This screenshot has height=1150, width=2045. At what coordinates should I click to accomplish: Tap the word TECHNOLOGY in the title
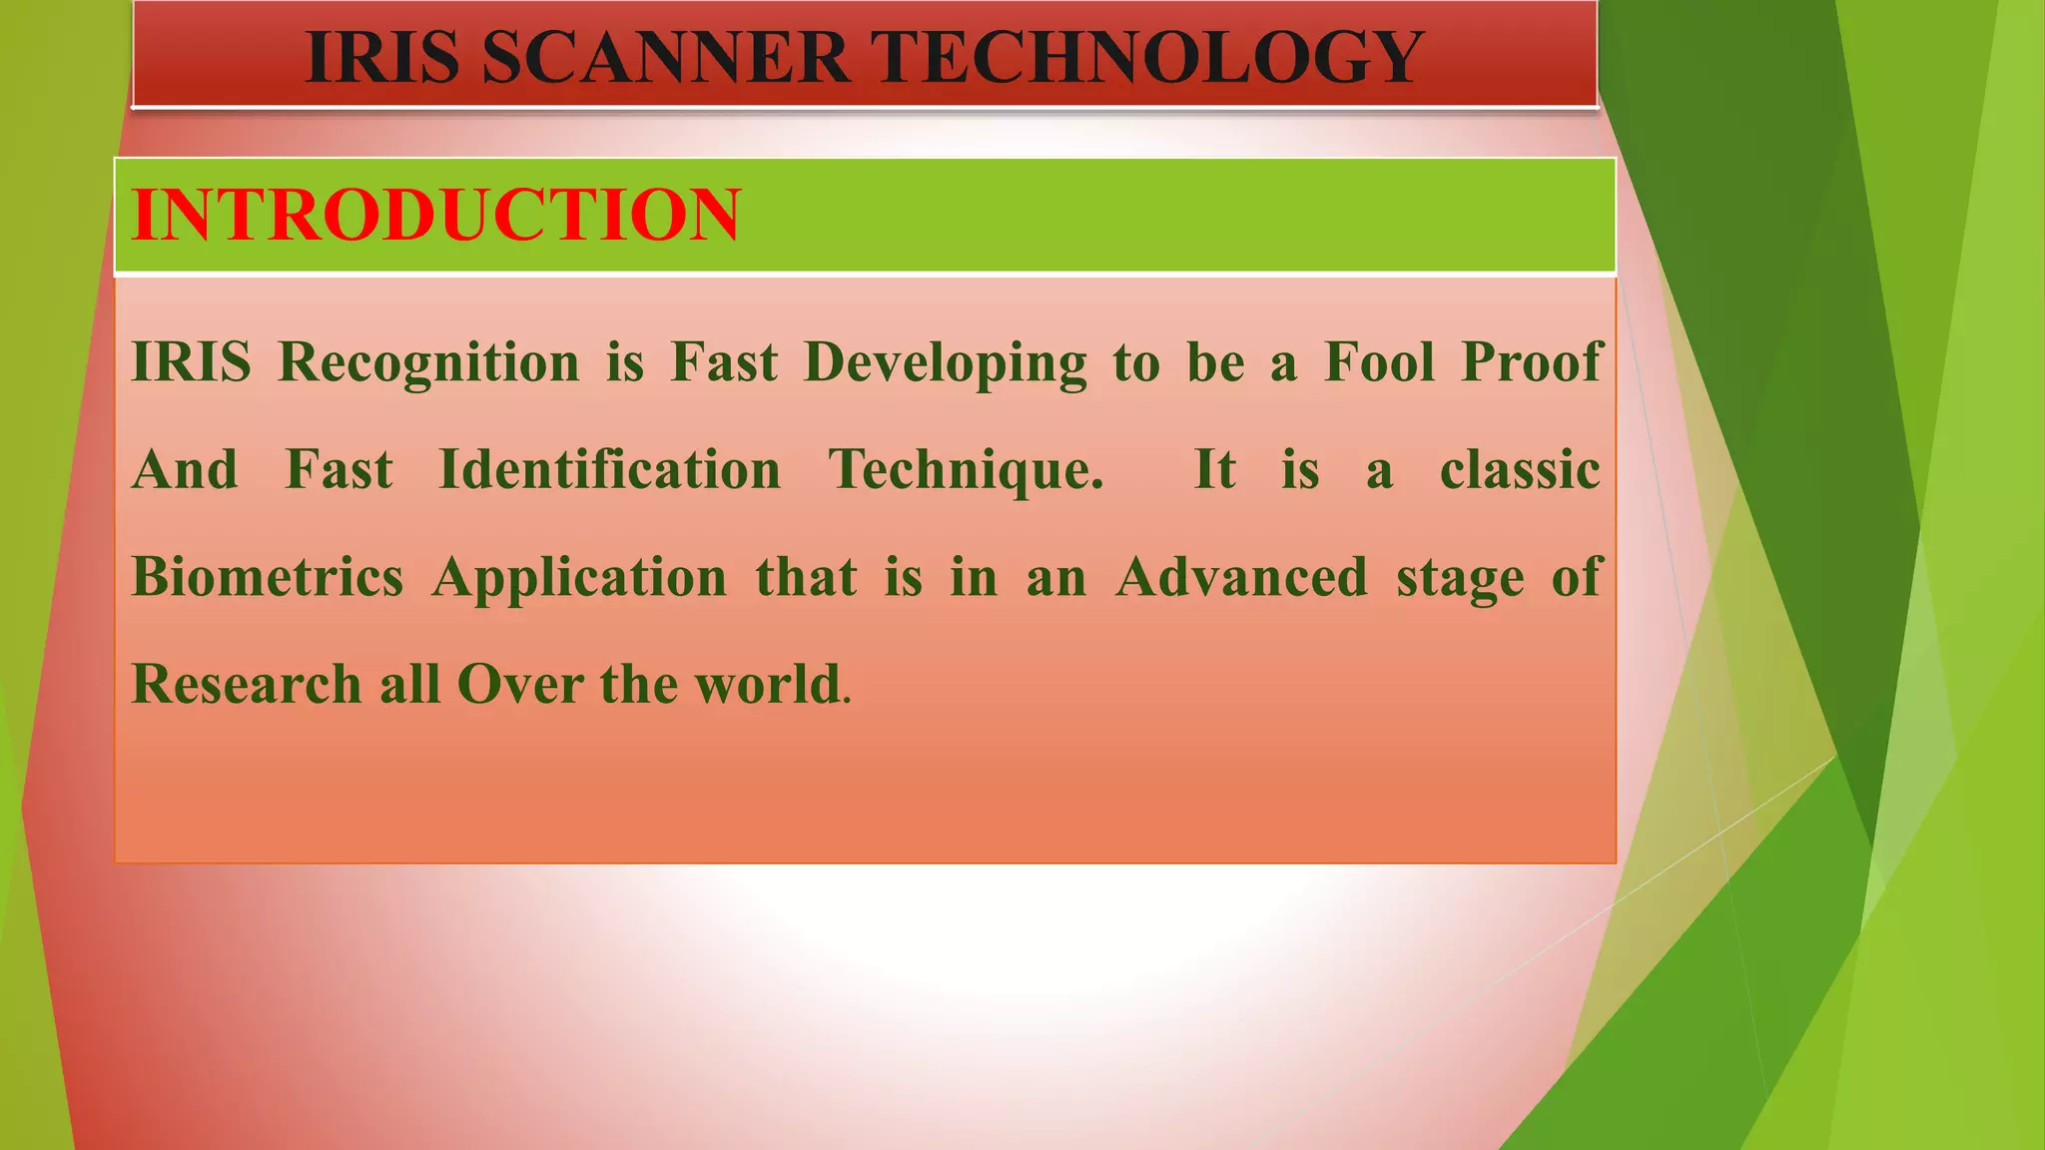click(1150, 58)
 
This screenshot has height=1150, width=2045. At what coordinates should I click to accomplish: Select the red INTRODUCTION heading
click(436, 215)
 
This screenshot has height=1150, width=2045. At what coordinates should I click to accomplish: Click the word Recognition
click(428, 362)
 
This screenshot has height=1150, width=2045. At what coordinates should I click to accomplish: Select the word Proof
click(1532, 361)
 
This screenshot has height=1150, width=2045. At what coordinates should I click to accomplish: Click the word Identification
click(609, 469)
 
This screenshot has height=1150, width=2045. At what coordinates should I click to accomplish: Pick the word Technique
click(966, 471)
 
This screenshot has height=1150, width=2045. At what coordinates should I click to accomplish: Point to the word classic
click(1520, 469)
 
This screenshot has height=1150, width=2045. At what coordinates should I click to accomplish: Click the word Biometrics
click(268, 577)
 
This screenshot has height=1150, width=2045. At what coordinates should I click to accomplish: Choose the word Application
click(579, 579)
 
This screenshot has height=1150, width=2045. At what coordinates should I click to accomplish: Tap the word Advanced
click(1241, 577)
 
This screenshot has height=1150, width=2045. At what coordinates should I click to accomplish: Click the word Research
click(246, 685)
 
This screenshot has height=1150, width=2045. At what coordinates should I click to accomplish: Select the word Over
click(520, 685)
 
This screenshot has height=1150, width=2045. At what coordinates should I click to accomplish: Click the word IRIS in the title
click(382, 58)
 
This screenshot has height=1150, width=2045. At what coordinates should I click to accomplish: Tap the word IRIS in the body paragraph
click(191, 361)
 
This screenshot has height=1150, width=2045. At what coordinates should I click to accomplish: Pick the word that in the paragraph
click(806, 577)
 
